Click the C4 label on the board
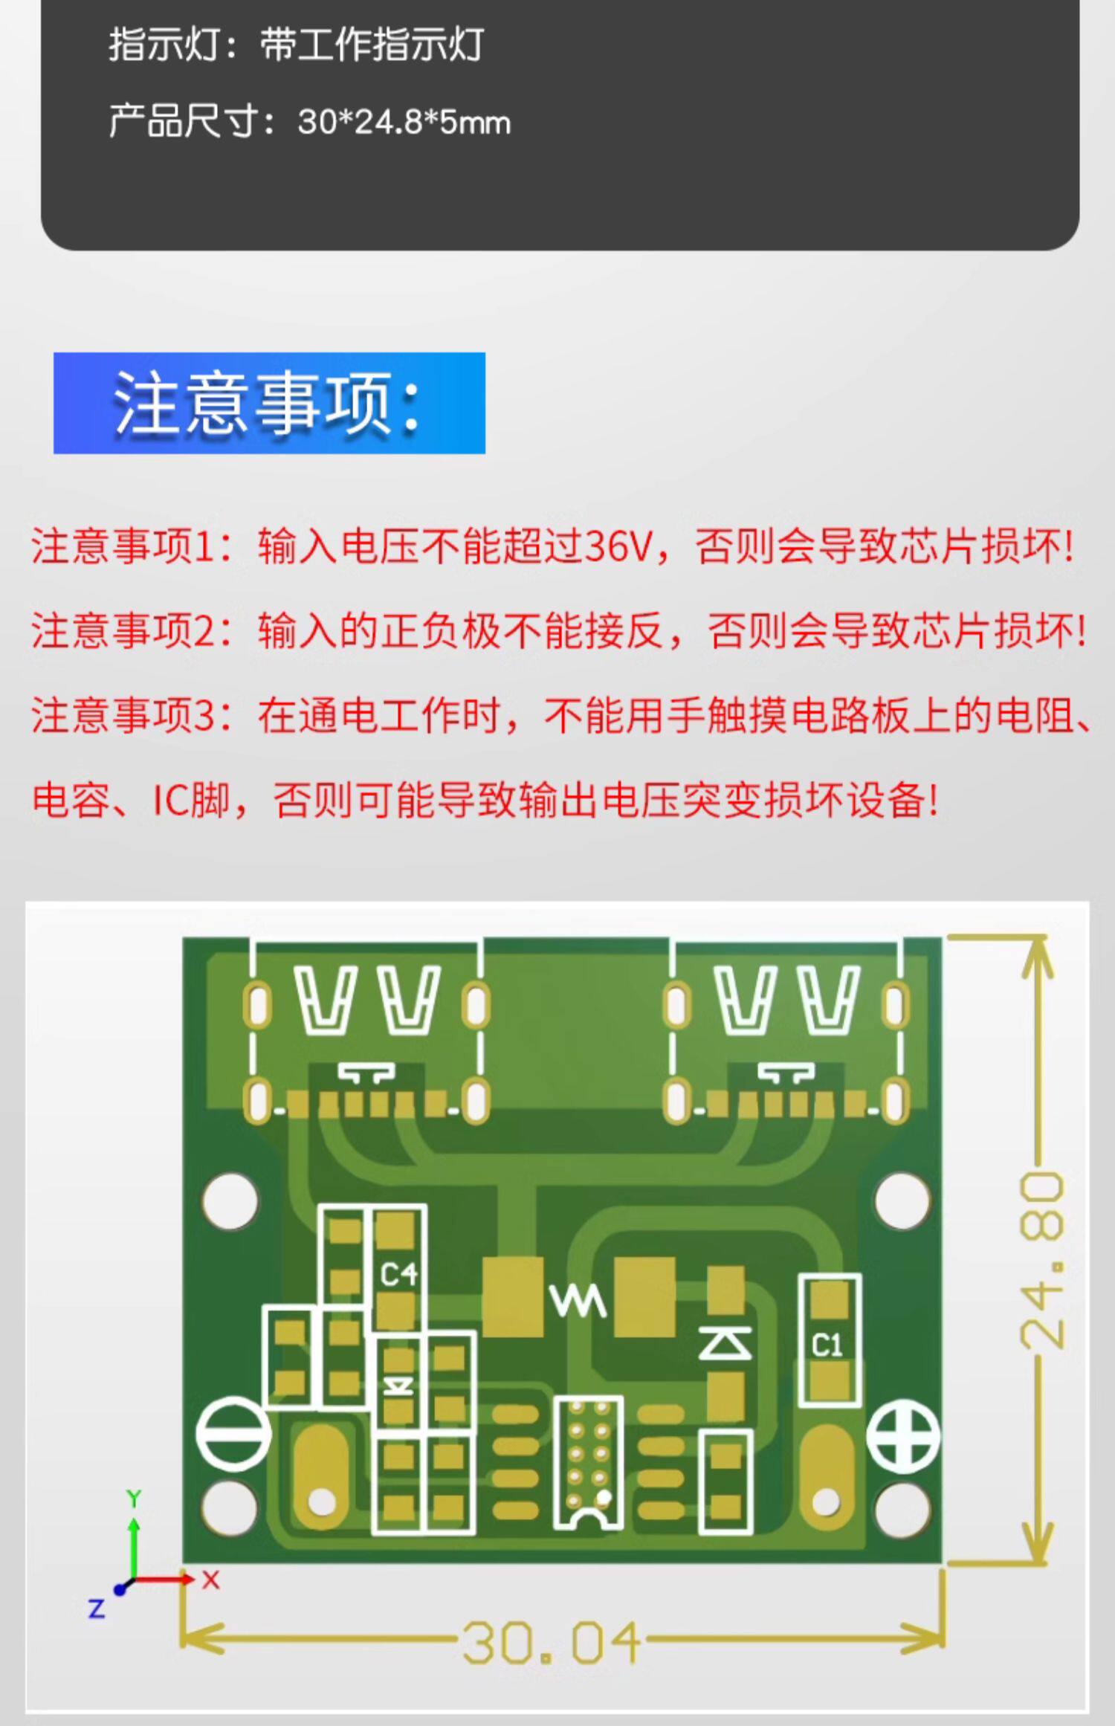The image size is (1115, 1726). (399, 1275)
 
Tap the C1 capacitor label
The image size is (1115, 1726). (827, 1345)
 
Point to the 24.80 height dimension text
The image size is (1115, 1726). (1041, 1259)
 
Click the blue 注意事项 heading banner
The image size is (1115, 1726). (269, 403)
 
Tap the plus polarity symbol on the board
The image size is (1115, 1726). (903, 1436)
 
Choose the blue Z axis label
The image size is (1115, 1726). (97, 1609)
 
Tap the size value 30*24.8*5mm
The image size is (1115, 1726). (404, 122)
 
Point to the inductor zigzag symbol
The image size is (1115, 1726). (578, 1302)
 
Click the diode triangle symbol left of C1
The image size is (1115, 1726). (725, 1344)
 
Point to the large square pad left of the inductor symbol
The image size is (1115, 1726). (513, 1297)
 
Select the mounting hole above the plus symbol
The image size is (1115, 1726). (902, 1200)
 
